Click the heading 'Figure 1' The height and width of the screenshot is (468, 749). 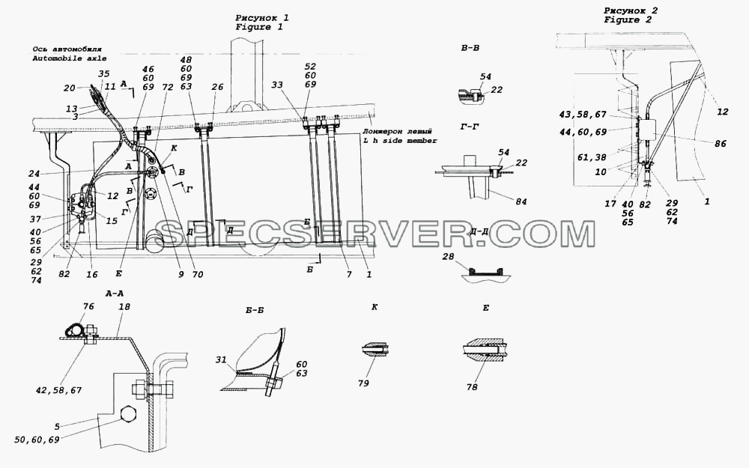pos(259,27)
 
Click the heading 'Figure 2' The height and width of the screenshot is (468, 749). pos(628,20)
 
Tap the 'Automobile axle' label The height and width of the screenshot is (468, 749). pos(70,58)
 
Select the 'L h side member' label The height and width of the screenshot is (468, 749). pos(400,141)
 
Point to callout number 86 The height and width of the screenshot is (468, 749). pos(720,143)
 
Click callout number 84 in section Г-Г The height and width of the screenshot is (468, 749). pos(521,201)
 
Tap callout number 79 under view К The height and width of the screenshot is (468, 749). pos(363,383)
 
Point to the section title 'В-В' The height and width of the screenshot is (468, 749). pos(470,48)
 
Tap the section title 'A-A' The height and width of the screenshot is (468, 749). pos(115,294)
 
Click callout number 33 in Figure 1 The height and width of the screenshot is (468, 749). pos(277,85)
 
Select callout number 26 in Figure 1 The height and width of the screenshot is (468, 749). pos(217,87)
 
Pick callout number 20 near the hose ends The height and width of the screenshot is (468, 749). pos(70,88)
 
